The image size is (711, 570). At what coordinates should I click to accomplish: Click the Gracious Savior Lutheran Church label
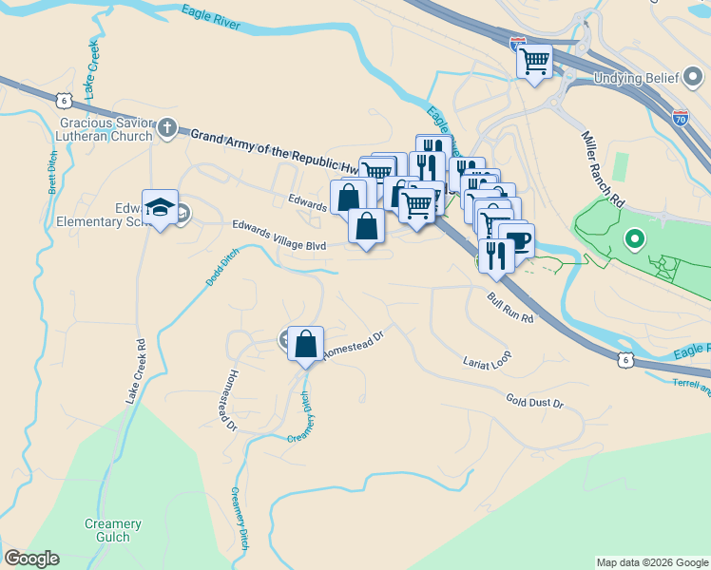[x=106, y=129]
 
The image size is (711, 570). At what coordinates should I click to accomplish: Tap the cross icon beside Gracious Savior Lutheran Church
[x=168, y=127]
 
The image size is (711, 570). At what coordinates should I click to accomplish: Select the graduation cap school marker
[x=161, y=208]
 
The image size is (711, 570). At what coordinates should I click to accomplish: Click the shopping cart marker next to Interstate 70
[x=535, y=63]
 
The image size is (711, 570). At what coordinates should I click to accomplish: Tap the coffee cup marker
[x=517, y=240]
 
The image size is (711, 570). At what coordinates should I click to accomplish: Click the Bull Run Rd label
[x=510, y=306]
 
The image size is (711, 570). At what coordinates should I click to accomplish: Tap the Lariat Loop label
[x=487, y=358]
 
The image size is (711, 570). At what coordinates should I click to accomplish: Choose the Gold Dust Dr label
[x=534, y=403]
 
